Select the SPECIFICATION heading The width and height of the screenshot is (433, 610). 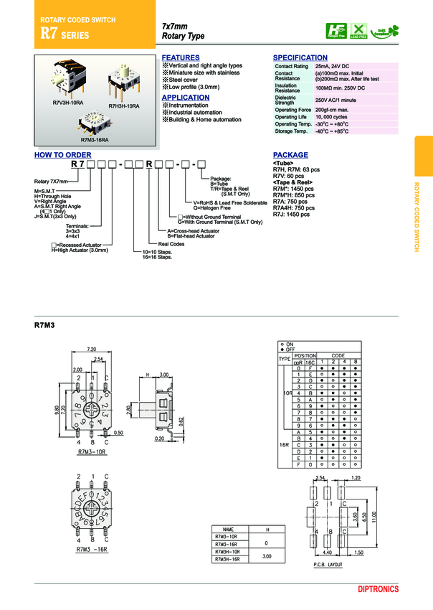(300, 57)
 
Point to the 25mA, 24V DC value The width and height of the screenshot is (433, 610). (333, 66)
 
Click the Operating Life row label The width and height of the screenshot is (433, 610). (291, 116)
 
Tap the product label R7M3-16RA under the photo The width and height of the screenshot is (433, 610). (94, 141)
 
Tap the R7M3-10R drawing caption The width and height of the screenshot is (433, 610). (91, 453)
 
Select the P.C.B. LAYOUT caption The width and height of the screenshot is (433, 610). (330, 565)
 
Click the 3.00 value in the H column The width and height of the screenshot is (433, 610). (267, 555)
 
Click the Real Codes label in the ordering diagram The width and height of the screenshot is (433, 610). (172, 244)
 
